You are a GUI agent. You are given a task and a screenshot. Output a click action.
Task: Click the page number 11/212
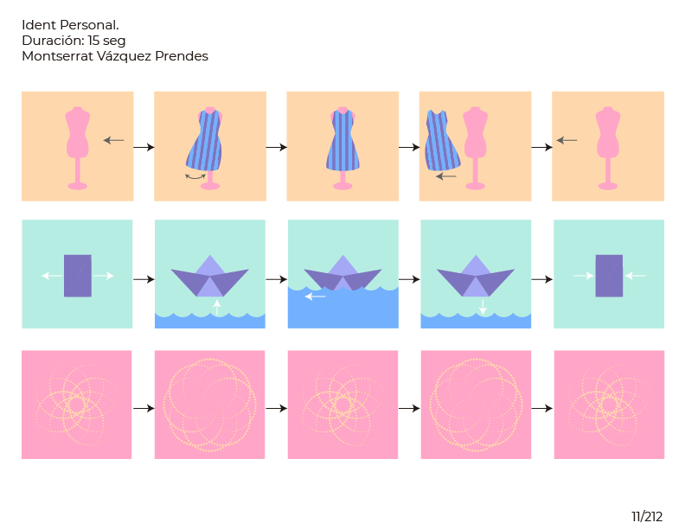646,517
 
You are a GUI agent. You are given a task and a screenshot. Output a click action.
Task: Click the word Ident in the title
38,25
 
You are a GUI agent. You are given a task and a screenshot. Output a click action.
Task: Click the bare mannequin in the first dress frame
78,143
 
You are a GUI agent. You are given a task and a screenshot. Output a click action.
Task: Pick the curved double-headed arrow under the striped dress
196,176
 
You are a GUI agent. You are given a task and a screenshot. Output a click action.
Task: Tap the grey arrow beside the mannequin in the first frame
113,140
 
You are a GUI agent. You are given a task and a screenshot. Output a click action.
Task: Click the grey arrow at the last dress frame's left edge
567,140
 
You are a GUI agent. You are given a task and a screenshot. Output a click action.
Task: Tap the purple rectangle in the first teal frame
77,276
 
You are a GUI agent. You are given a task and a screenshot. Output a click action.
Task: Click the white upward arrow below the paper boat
217,306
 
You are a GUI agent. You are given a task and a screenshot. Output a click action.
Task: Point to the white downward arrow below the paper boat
483,306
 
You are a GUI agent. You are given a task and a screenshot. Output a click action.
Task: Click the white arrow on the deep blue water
316,296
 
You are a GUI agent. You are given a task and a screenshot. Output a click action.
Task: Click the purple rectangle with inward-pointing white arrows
609,276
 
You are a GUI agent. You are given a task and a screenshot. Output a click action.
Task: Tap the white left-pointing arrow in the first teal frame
51,276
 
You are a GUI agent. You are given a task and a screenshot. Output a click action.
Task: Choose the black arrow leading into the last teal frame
541,279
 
